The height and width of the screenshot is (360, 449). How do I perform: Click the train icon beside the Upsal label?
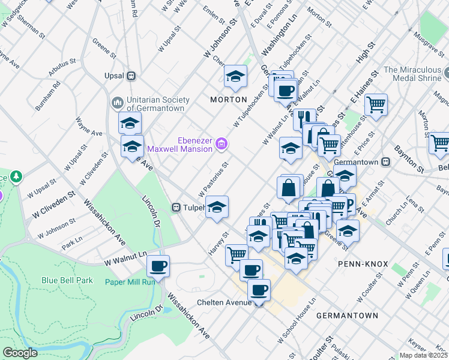[x=130, y=76]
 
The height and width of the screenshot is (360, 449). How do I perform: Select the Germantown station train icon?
[x=387, y=162]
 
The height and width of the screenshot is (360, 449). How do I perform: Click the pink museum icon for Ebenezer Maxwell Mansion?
[x=222, y=144]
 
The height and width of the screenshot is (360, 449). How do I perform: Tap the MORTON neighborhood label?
[x=228, y=99]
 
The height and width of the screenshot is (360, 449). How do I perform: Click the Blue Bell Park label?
[x=67, y=280]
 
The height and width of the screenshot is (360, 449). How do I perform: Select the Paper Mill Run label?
[x=130, y=281]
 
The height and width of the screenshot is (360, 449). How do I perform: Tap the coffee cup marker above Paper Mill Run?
[x=158, y=265]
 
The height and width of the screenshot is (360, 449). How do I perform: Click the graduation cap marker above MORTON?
[x=236, y=76]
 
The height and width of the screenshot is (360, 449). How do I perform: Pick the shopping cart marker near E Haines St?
[x=376, y=104]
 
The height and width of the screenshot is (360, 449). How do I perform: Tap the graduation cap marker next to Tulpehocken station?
[x=217, y=207]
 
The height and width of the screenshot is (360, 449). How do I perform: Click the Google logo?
[x=20, y=352]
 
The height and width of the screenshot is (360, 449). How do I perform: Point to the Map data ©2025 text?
[x=423, y=355]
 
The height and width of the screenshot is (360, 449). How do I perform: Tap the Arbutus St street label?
[x=62, y=69]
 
